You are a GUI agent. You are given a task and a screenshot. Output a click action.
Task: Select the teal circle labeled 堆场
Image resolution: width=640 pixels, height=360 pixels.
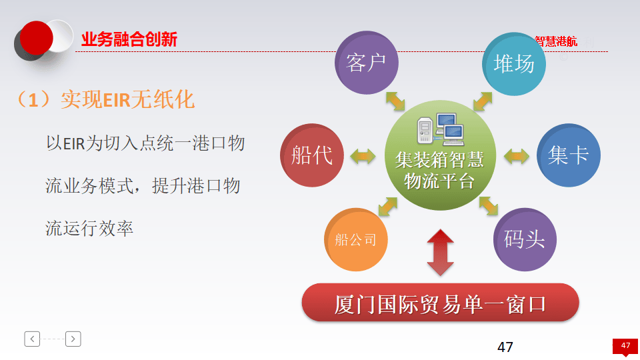coord(514,63)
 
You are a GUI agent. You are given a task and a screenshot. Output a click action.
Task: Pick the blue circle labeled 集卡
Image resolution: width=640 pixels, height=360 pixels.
coord(568,155)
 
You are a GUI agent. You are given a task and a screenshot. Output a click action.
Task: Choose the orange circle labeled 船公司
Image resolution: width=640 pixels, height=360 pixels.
coord(356,239)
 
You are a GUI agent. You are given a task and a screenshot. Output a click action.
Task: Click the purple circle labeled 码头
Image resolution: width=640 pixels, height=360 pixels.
coord(525,239)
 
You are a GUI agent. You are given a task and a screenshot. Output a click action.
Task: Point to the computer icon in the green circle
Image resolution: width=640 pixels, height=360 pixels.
coord(440,131)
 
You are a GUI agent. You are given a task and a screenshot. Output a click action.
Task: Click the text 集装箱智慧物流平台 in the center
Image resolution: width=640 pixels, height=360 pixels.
coord(440,170)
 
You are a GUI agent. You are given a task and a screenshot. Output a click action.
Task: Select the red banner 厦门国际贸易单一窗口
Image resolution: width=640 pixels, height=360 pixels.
coord(440,304)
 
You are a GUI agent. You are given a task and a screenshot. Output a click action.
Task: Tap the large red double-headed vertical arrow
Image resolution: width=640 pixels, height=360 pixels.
coord(440,253)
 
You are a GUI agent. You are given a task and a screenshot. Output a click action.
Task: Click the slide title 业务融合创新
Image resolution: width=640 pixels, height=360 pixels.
coord(129,40)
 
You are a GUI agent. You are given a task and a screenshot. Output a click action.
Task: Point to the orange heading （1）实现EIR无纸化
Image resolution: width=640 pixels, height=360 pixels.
coord(105,100)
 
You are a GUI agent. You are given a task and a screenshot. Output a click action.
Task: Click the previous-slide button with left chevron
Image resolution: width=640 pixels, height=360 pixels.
coord(32,339)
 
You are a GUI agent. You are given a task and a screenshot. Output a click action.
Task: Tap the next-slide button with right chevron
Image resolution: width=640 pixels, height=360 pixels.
coord(73,339)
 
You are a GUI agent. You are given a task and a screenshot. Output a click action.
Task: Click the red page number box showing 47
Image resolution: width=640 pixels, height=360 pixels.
coord(625,346)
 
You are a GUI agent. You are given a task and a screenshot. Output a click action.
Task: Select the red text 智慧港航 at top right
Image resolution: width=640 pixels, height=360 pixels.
coord(556,42)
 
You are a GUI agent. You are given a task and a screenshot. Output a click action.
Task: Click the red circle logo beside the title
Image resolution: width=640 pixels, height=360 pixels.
coord(36,38)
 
